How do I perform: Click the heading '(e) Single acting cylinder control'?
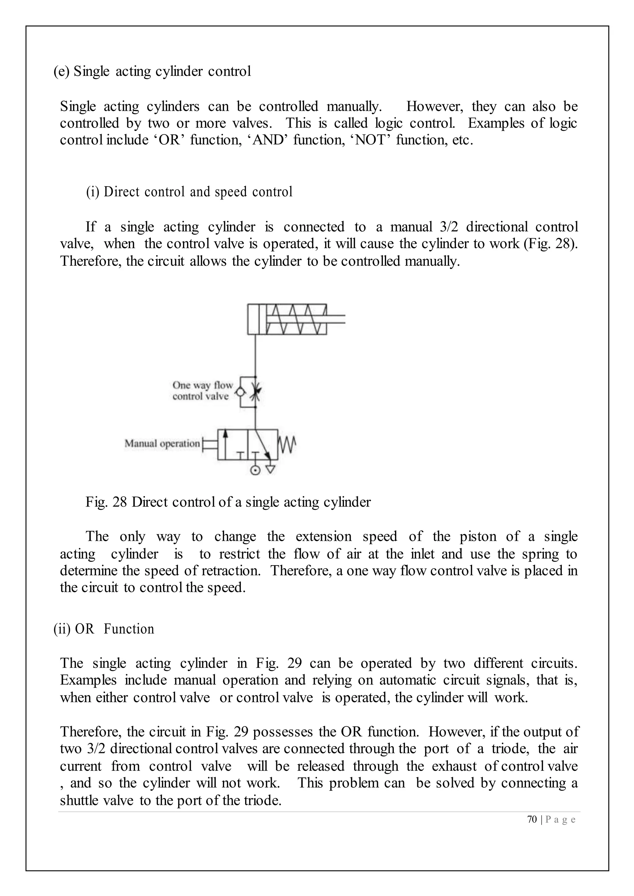coord(152,71)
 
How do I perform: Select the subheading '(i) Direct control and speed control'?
coord(189,192)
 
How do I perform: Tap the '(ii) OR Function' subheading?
coord(104,629)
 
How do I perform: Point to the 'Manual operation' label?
coord(162,443)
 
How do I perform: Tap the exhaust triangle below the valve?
coord(270,469)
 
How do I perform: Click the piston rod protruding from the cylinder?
coord(336,319)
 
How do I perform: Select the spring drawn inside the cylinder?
coord(296,319)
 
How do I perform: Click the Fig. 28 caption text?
coord(228,502)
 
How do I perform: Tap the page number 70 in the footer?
coord(532,820)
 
